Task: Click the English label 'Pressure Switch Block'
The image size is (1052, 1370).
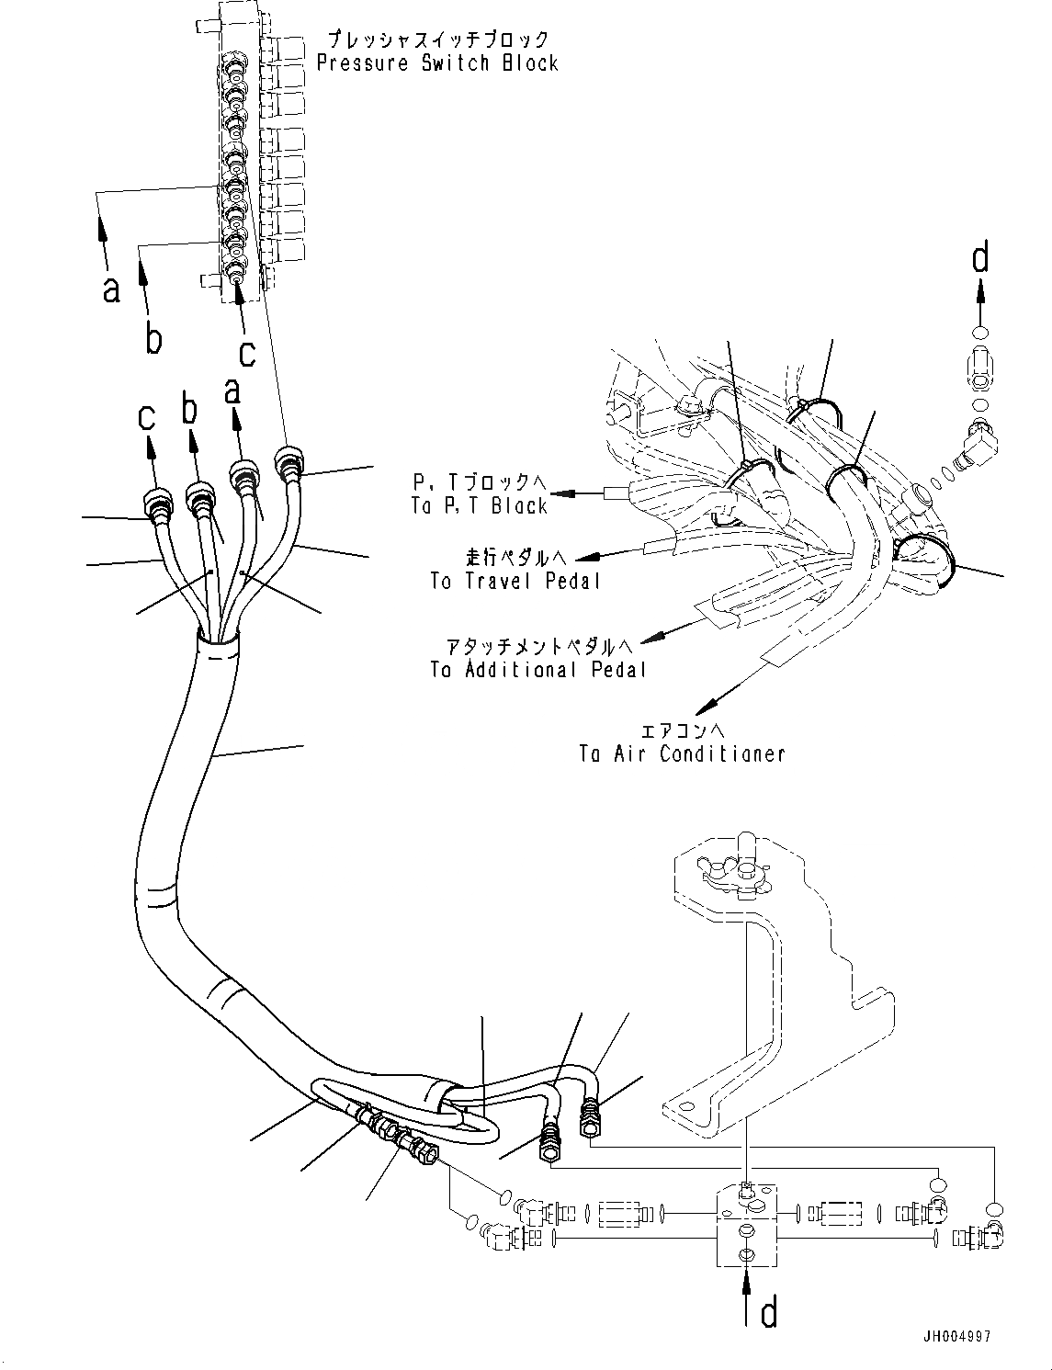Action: (x=437, y=63)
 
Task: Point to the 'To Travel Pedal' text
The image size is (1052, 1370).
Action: (x=515, y=581)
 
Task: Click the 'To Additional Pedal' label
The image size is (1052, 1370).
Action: (x=537, y=669)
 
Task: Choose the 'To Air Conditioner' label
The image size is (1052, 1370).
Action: (x=682, y=753)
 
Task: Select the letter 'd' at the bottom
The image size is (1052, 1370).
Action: (x=768, y=1313)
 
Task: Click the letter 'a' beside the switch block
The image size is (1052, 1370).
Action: (x=111, y=289)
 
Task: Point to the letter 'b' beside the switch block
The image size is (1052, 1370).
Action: (x=154, y=338)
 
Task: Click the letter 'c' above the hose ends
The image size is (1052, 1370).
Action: (x=147, y=418)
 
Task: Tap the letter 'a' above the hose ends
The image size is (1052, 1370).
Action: (x=232, y=391)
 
